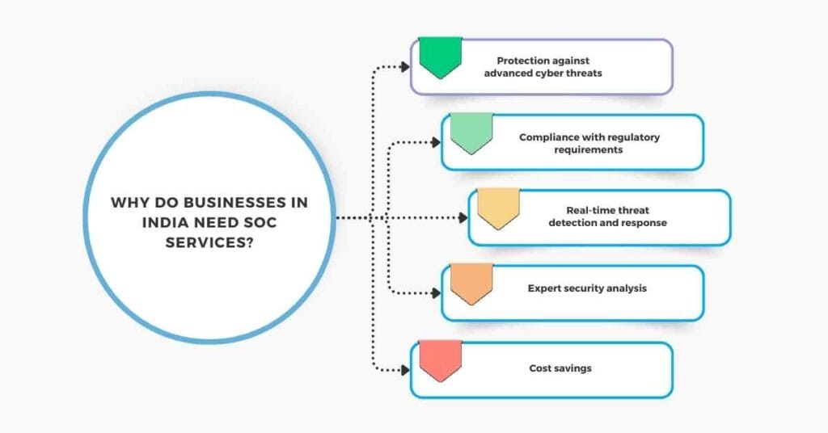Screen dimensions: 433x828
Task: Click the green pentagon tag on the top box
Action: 440,56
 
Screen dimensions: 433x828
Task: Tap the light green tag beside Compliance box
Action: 471,132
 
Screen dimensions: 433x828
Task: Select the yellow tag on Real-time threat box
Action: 498,208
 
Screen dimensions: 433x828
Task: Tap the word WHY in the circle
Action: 129,202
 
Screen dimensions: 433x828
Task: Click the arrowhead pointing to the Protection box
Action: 405,67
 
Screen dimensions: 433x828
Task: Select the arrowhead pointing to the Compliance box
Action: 436,143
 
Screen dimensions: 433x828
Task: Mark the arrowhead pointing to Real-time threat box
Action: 463,218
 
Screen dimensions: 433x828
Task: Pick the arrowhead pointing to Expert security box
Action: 436,293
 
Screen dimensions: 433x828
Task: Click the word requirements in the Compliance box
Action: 588,149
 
